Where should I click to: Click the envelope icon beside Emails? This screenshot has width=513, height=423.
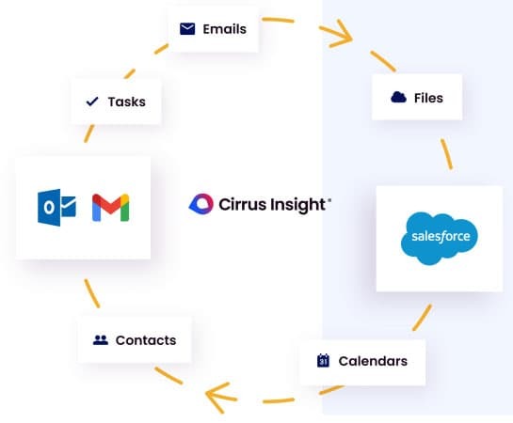(187, 28)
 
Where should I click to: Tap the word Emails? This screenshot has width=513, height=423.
(224, 28)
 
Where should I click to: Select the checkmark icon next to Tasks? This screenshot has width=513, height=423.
(92, 102)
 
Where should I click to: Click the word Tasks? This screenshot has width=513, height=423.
(126, 102)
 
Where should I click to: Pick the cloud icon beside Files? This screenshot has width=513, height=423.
(397, 97)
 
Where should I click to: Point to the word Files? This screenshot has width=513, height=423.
(428, 97)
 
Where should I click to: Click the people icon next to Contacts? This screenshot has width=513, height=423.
(101, 340)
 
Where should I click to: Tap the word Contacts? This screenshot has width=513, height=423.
(145, 340)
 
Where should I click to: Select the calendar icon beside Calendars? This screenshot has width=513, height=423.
(323, 360)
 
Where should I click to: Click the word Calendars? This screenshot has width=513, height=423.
(373, 360)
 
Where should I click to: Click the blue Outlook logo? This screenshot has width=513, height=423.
(56, 207)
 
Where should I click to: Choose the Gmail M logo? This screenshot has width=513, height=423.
(110, 207)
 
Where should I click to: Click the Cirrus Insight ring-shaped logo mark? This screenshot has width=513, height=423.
(201, 203)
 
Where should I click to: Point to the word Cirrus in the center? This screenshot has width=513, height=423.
(241, 203)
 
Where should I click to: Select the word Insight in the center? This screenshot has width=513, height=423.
(297, 203)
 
